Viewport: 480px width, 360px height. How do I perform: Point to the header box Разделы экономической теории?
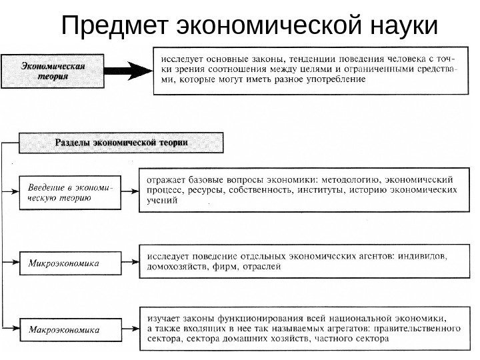point(121,143)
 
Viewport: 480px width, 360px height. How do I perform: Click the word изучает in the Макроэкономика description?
point(163,317)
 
